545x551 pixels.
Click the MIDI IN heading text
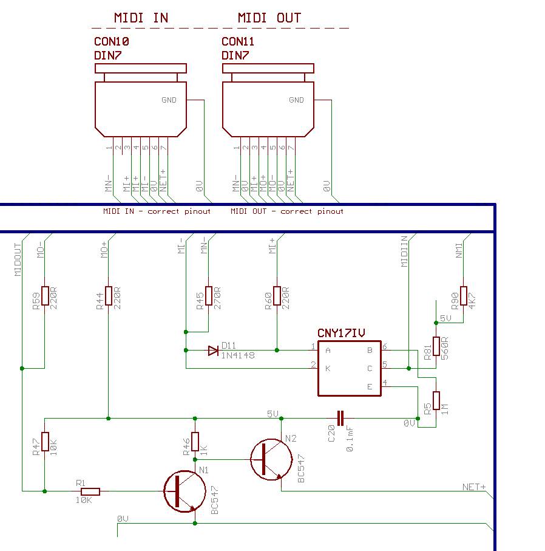[141, 18]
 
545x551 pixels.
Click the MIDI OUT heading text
[269, 18]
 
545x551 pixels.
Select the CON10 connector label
[111, 41]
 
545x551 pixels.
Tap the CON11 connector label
[238, 41]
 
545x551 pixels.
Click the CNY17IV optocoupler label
[341, 333]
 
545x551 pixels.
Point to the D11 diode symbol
[213, 351]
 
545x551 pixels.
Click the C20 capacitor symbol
[340, 418]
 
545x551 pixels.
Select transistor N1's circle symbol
[184, 491]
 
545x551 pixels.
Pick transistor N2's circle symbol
[271, 460]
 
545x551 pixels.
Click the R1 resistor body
[90, 491]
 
